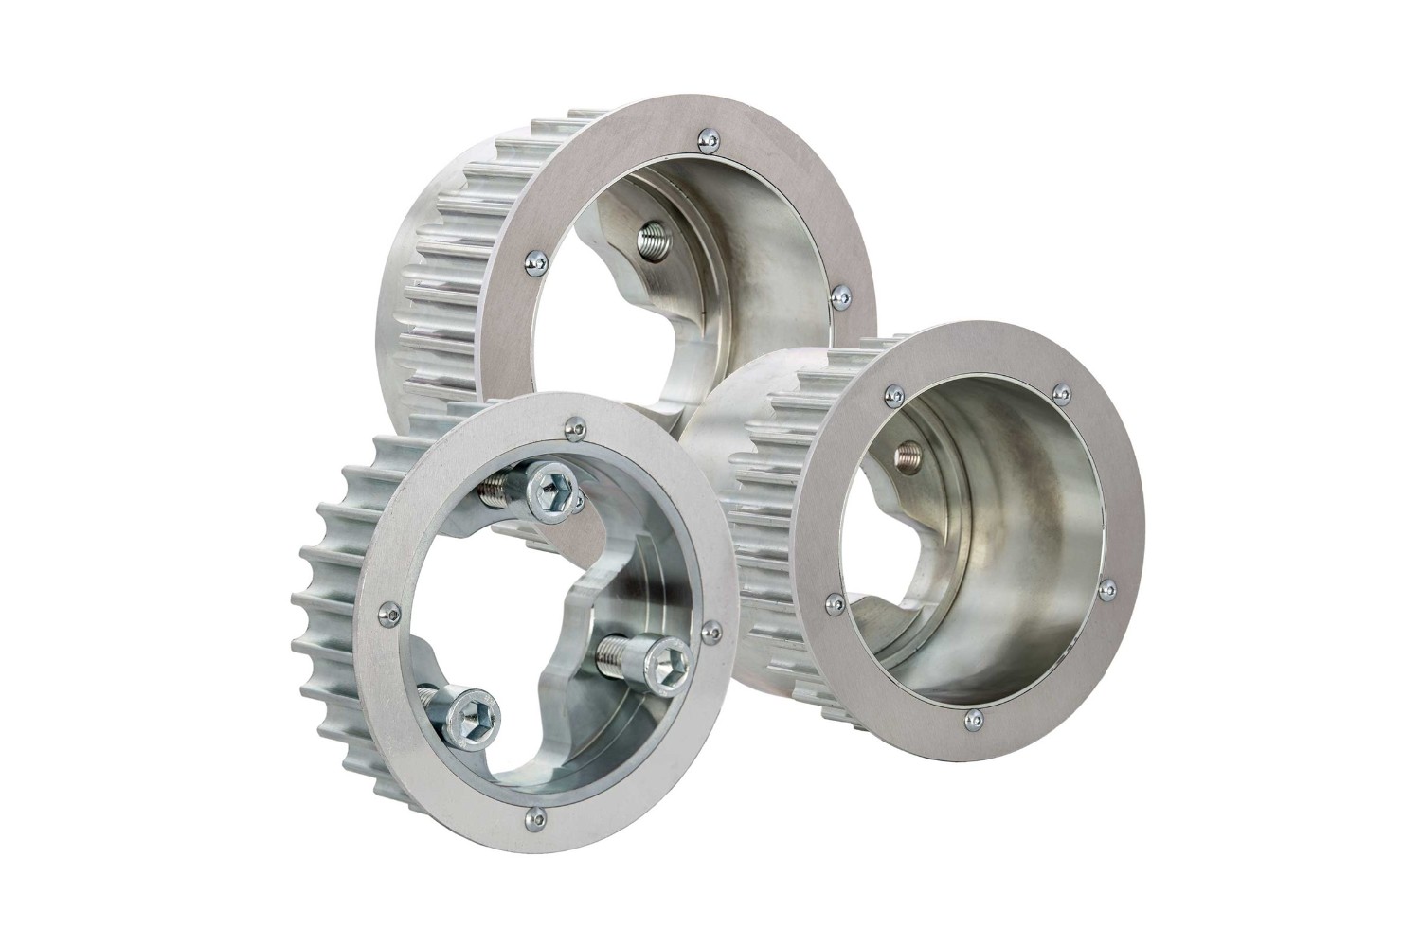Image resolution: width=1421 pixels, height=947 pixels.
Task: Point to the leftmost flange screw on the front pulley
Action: click(x=385, y=613)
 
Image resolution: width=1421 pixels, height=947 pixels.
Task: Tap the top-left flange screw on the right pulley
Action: click(x=891, y=392)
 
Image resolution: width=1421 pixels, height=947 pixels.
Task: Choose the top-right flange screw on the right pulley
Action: click(x=1062, y=391)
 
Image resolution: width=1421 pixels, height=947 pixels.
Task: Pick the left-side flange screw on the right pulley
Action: click(x=833, y=601)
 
